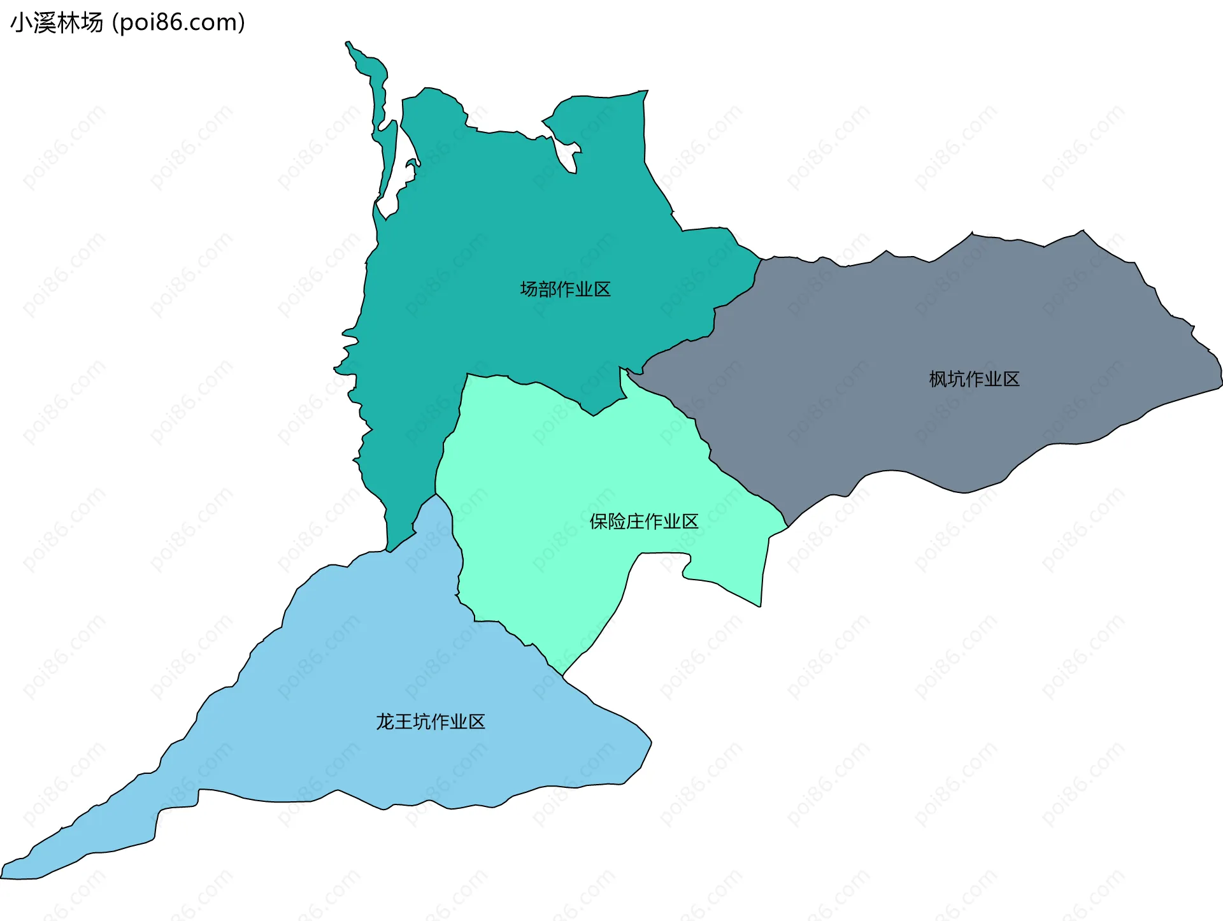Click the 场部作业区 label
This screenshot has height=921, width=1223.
565,289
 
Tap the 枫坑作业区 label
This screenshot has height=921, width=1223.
974,379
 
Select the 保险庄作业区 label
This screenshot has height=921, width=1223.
643,522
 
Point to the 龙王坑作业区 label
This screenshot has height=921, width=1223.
430,722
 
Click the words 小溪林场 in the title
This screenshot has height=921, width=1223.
57,23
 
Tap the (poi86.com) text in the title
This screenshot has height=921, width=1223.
178,23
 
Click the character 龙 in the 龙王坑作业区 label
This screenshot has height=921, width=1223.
385,722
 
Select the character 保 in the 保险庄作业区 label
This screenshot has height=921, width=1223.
599,522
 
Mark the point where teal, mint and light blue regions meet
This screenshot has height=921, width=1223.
436,494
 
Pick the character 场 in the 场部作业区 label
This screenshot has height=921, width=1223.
529,289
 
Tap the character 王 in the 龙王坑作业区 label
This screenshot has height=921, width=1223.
403,722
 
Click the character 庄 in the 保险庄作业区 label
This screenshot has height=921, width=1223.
635,522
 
